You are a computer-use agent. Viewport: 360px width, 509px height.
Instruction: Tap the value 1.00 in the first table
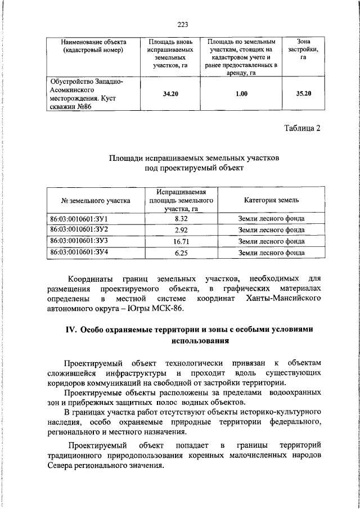241,93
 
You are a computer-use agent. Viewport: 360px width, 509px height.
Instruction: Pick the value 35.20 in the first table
304,93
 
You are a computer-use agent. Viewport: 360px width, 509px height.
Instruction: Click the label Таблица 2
301,128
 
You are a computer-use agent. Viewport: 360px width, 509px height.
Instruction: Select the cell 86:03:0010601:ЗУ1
79,218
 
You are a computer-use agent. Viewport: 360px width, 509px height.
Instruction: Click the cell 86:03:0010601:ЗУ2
79,229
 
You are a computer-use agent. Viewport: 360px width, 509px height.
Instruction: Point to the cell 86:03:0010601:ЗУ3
79,241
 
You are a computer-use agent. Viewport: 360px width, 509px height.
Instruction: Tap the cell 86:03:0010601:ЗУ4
79,253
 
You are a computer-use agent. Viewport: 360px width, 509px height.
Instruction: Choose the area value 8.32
181,218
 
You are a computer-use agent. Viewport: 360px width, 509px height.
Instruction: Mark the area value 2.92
181,230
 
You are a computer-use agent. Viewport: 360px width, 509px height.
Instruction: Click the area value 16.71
181,241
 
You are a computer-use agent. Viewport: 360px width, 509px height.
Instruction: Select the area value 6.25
181,253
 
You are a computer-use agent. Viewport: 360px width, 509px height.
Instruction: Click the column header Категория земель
272,200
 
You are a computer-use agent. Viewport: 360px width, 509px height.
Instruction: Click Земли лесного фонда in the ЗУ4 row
272,253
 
